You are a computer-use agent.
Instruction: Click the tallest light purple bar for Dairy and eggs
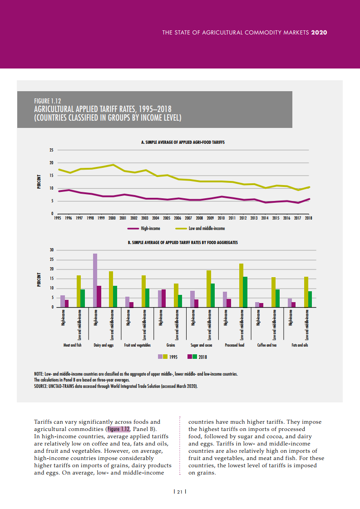(x=95, y=280)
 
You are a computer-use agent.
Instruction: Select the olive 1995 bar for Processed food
(x=241, y=285)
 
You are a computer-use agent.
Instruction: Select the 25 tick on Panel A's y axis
(x=52, y=150)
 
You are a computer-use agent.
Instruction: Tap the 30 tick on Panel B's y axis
(x=52, y=250)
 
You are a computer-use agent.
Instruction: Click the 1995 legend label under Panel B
(x=173, y=357)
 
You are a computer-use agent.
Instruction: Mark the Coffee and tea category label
(x=267, y=345)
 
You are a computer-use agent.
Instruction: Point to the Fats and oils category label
(x=300, y=345)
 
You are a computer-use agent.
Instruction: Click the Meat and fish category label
(x=73, y=345)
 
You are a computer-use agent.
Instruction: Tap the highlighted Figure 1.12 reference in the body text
(x=119, y=429)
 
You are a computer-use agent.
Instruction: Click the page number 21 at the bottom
(x=180, y=491)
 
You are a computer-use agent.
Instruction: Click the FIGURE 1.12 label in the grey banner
(x=47, y=101)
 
